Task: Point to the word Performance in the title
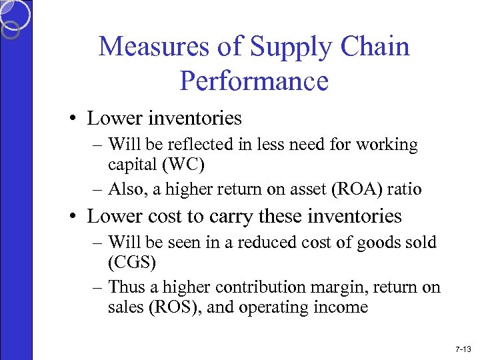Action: coord(254,81)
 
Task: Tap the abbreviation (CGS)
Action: coord(132,262)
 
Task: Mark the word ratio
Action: coord(407,189)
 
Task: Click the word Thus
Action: coord(125,287)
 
